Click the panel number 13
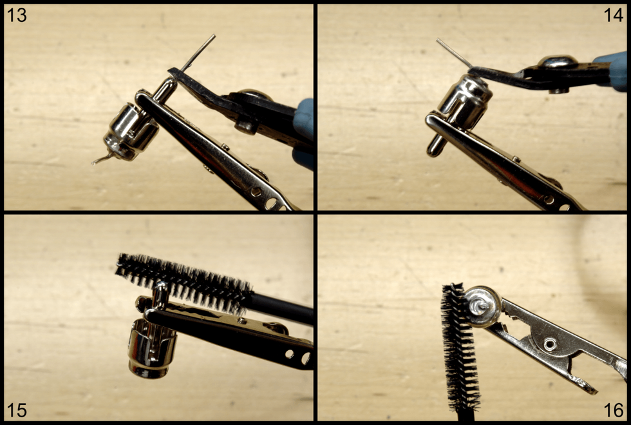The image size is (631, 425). [x=17, y=15]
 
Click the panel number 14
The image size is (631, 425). [x=613, y=15]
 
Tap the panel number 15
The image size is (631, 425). [x=17, y=410]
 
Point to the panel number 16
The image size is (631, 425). [x=613, y=410]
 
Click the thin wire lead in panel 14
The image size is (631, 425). [x=455, y=53]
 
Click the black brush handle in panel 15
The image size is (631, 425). [x=282, y=308]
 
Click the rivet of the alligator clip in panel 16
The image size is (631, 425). [x=550, y=344]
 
